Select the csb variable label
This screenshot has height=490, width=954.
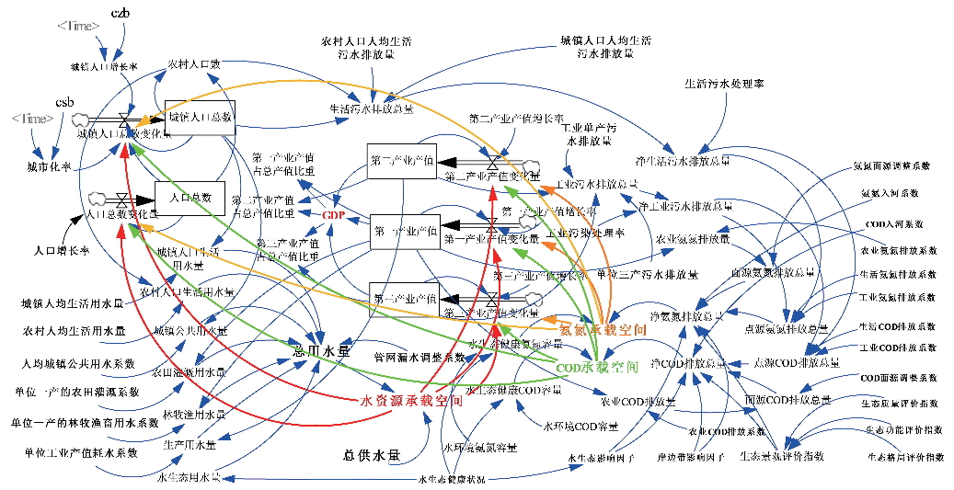click(64, 100)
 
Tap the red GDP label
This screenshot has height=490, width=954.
click(332, 214)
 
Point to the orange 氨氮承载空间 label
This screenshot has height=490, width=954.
click(597, 329)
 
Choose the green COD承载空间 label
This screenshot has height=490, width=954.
click(598, 366)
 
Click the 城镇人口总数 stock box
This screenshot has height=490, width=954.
click(200, 118)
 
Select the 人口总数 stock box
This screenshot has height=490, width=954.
click(190, 198)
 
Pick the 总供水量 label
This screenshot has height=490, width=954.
click(372, 454)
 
